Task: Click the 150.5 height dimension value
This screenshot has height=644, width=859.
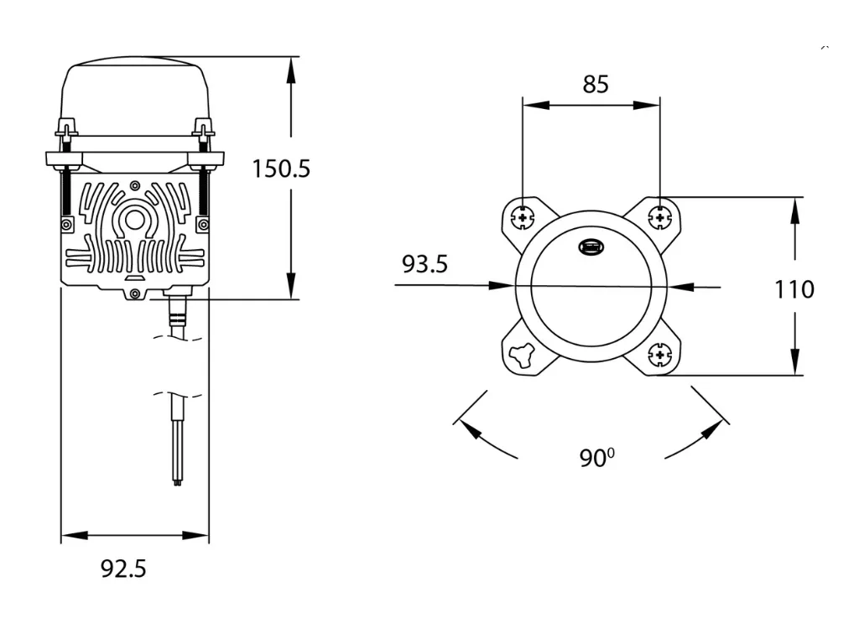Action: [281, 169]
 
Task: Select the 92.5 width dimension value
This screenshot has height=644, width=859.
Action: [123, 569]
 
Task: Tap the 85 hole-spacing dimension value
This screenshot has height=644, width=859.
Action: [596, 85]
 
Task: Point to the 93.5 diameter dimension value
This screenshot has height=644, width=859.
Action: [424, 264]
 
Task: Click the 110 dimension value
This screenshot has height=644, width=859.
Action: [794, 289]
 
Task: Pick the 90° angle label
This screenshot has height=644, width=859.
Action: [596, 458]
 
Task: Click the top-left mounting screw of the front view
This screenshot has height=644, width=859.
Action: [523, 218]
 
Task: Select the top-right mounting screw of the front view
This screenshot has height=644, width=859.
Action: [659, 218]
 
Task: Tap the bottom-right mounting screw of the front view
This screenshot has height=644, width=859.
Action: [659, 355]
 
